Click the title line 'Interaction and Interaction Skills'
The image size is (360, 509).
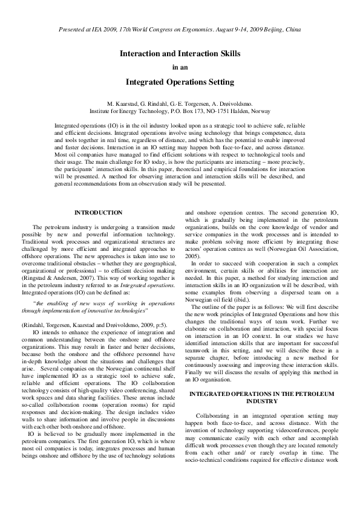point(180,54)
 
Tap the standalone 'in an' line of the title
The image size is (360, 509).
point(180,67)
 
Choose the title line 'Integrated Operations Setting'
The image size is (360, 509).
point(180,81)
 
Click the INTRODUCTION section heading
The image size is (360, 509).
point(98,213)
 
